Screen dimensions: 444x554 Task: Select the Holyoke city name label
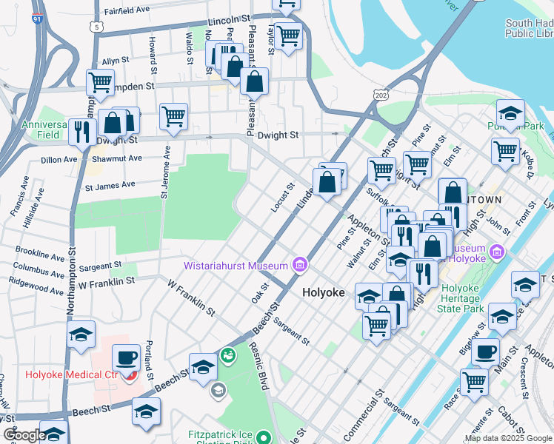324,292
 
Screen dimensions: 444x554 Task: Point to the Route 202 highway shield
381,95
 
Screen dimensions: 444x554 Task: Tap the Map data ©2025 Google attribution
508,438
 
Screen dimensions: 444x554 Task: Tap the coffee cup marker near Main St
485,351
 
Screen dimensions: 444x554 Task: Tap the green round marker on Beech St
229,357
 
